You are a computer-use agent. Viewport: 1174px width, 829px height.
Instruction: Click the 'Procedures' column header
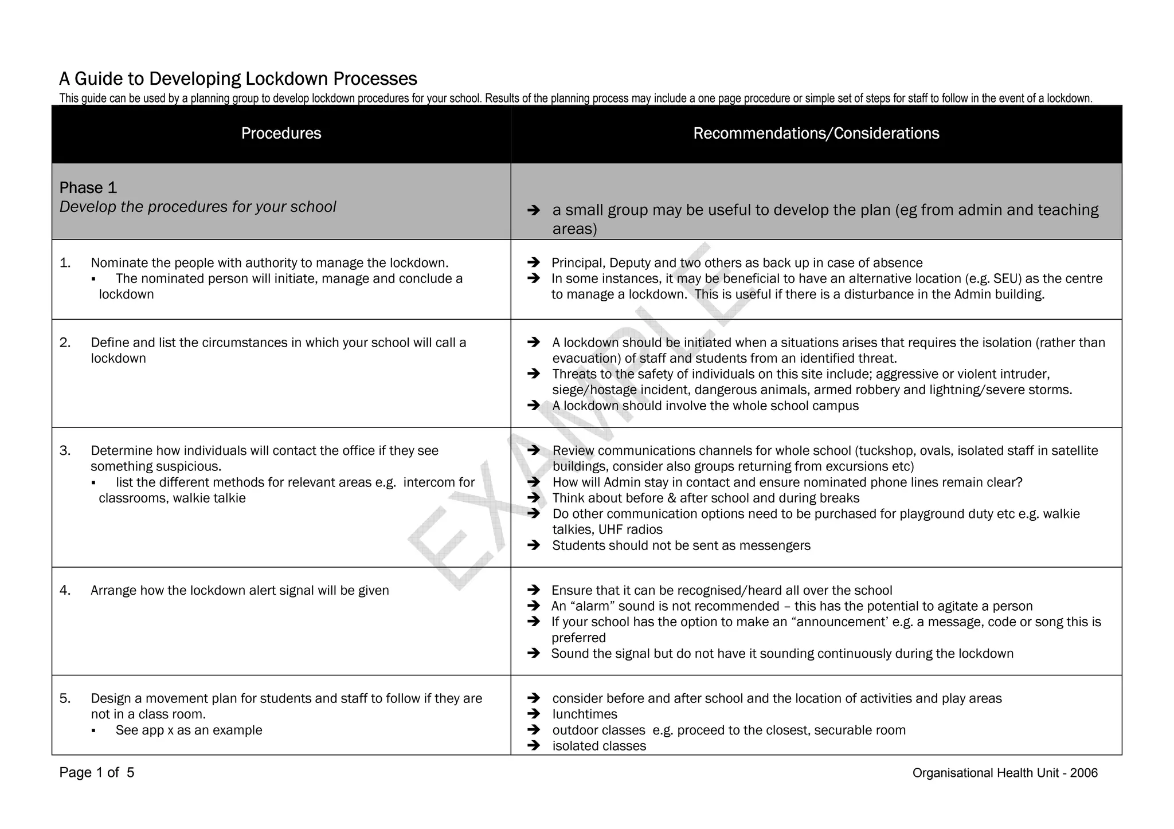pyautogui.click(x=281, y=133)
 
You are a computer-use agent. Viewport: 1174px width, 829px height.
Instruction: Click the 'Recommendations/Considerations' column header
pyautogui.click(x=816, y=133)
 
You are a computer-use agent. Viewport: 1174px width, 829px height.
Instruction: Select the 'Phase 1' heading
pyautogui.click(x=88, y=188)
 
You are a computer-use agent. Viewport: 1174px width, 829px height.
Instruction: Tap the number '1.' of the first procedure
pyautogui.click(x=65, y=263)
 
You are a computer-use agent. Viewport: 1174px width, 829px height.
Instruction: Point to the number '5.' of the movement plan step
pyautogui.click(x=65, y=698)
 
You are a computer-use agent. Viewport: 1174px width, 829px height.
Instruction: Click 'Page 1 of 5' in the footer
pyautogui.click(x=97, y=773)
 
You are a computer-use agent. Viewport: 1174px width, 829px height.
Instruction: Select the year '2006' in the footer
pyautogui.click(x=1083, y=773)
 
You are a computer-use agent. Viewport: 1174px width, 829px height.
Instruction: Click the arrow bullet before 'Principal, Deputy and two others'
pyautogui.click(x=534, y=263)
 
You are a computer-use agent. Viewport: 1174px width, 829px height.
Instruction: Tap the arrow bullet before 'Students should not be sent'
pyautogui.click(x=534, y=545)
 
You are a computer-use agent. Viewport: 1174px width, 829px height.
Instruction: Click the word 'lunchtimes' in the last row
pyautogui.click(x=585, y=714)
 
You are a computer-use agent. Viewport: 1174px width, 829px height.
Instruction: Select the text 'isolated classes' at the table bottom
pyautogui.click(x=599, y=746)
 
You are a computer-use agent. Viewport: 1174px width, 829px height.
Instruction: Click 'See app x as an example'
pyautogui.click(x=189, y=730)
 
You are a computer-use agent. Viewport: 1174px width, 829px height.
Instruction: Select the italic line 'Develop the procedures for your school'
pyautogui.click(x=198, y=207)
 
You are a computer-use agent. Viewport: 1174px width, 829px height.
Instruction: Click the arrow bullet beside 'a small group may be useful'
pyautogui.click(x=534, y=211)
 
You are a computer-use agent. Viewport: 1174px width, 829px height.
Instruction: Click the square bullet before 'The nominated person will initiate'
pyautogui.click(x=93, y=280)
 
